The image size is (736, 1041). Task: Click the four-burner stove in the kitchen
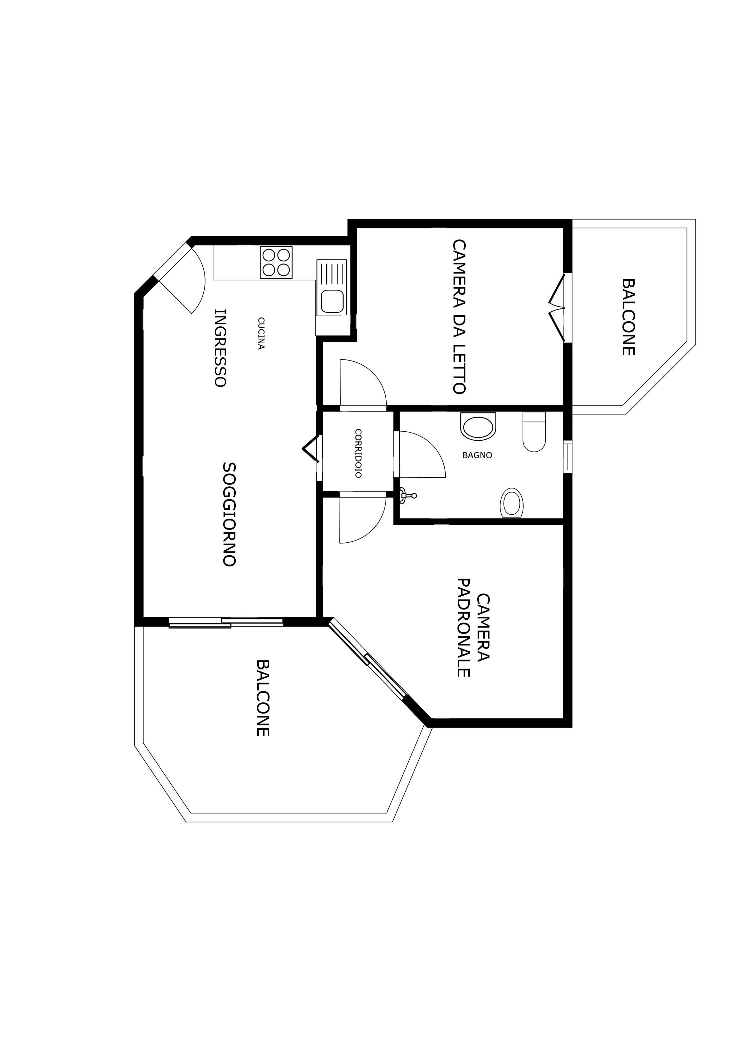click(276, 262)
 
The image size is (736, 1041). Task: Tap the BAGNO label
click(477, 455)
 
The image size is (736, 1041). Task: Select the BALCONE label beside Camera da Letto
click(628, 317)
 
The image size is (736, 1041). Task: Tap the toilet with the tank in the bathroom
click(534, 432)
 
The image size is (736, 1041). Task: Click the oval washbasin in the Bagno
click(512, 503)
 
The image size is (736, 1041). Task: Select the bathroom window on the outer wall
click(567, 457)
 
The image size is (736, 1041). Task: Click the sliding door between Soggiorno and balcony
click(226, 623)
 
